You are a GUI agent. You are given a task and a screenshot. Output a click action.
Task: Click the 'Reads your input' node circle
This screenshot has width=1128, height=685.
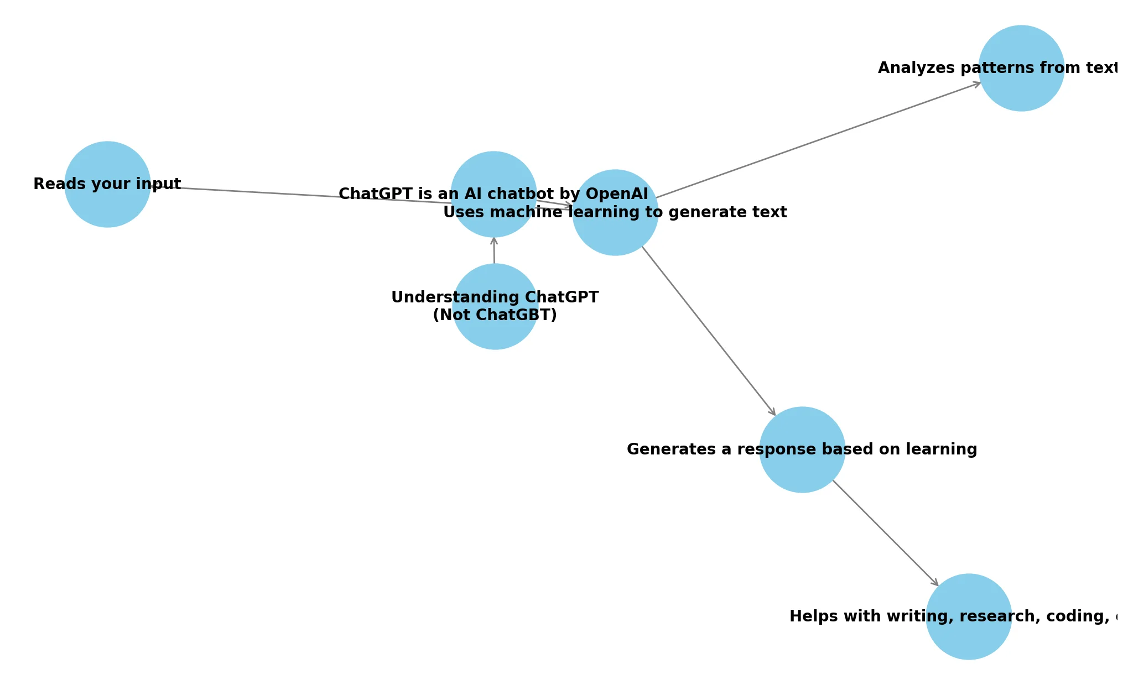107,207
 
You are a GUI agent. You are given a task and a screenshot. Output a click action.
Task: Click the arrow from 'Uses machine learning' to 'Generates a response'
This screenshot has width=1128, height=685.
708,330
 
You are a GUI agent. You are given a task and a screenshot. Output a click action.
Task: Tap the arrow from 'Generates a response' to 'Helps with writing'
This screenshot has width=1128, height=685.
885,532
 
